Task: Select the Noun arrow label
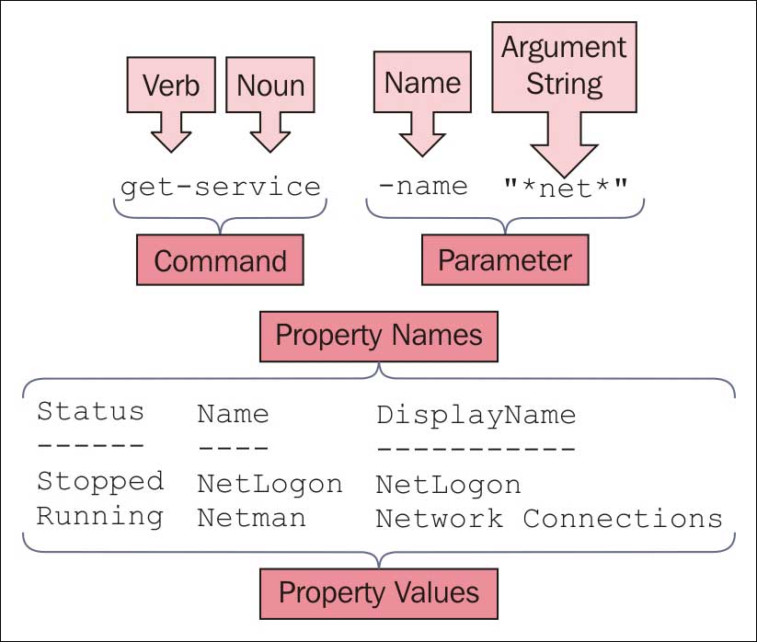pyautogui.click(x=270, y=86)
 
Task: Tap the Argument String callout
pyautogui.click(x=564, y=66)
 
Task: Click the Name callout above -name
pyautogui.click(x=422, y=83)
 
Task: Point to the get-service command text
pyautogui.click(x=221, y=187)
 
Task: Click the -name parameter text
pyautogui.click(x=423, y=187)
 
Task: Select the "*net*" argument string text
pyautogui.click(x=565, y=187)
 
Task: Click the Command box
pyautogui.click(x=220, y=260)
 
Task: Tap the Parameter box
pyautogui.click(x=504, y=260)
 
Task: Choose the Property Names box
pyautogui.click(x=379, y=335)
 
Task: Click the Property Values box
pyautogui.click(x=379, y=591)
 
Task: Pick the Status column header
pyautogui.click(x=90, y=411)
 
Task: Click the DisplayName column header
pyautogui.click(x=476, y=415)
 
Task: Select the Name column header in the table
pyautogui.click(x=233, y=414)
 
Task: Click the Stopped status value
pyautogui.click(x=100, y=481)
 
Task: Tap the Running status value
pyautogui.click(x=99, y=516)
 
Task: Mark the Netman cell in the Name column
pyautogui.click(x=251, y=518)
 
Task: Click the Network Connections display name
pyautogui.click(x=549, y=518)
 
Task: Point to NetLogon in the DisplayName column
pyautogui.click(x=448, y=484)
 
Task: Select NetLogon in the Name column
pyautogui.click(x=270, y=484)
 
